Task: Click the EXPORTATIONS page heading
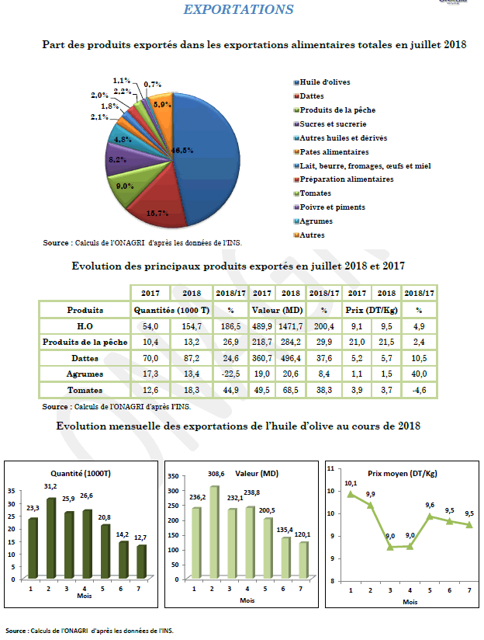(238, 9)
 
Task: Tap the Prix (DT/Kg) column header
(369, 310)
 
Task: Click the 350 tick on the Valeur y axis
(174, 475)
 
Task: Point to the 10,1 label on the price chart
(351, 483)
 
